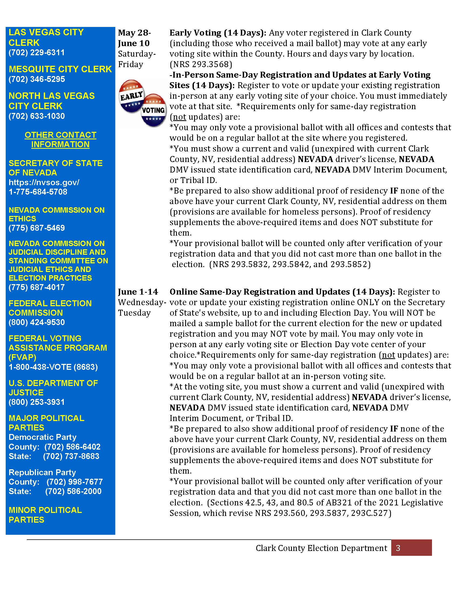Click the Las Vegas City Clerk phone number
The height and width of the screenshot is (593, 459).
pyautogui.click(x=37, y=52)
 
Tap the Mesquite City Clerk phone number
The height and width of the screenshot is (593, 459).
pyautogui.click(x=37, y=79)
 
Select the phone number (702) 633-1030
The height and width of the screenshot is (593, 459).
pyautogui.click(x=37, y=116)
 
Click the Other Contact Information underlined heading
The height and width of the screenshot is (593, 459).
pyautogui.click(x=60, y=140)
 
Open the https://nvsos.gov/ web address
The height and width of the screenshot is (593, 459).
pyautogui.click(x=44, y=182)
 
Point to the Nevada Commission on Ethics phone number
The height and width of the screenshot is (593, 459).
pyautogui.click(x=37, y=228)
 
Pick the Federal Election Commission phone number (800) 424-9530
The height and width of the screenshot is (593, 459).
pyautogui.click(x=37, y=322)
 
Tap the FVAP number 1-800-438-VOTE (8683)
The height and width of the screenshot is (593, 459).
pyautogui.click(x=53, y=367)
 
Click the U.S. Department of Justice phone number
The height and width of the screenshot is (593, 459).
pyautogui.click(x=37, y=402)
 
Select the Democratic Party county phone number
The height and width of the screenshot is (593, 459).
pyautogui.click(x=72, y=447)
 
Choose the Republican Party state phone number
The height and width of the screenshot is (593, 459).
pyautogui.click(x=73, y=491)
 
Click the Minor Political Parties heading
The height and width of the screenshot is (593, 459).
pyautogui.click(x=45, y=515)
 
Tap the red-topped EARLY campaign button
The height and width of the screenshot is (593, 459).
pyautogui.click(x=131, y=96)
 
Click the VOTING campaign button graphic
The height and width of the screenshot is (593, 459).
pyautogui.click(x=154, y=110)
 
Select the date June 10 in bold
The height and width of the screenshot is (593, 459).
pyautogui.click(x=134, y=43)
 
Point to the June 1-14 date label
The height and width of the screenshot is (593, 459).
pyautogui.click(x=138, y=292)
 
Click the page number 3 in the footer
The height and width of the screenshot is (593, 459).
pyautogui.click(x=398, y=548)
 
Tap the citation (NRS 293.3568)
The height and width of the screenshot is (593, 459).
pyautogui.click(x=201, y=64)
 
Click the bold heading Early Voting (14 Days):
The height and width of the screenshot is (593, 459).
pyautogui.click(x=218, y=33)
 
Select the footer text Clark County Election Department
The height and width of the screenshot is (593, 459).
pyautogui.click(x=321, y=548)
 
